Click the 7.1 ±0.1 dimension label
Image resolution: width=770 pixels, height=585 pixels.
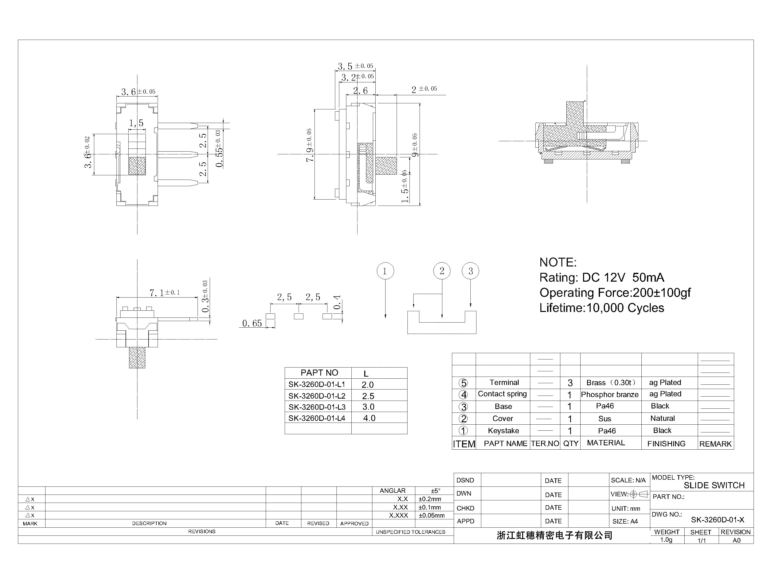coord(164,293)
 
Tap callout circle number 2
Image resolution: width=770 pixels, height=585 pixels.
coord(442,271)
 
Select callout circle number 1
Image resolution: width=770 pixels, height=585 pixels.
coord(385,271)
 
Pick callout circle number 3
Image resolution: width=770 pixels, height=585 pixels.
coord(470,271)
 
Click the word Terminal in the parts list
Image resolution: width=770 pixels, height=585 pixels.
coord(504,383)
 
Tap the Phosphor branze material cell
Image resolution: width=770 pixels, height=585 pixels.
coord(609,395)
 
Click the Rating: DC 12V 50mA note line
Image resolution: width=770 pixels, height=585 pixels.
coord(601,278)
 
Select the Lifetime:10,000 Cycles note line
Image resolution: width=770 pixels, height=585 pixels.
coord(601,308)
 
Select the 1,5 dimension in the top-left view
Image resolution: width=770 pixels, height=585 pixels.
coord(136,123)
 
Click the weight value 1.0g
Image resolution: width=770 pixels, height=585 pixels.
coord(666,540)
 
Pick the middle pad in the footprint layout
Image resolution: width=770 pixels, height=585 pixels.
coord(298,316)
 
